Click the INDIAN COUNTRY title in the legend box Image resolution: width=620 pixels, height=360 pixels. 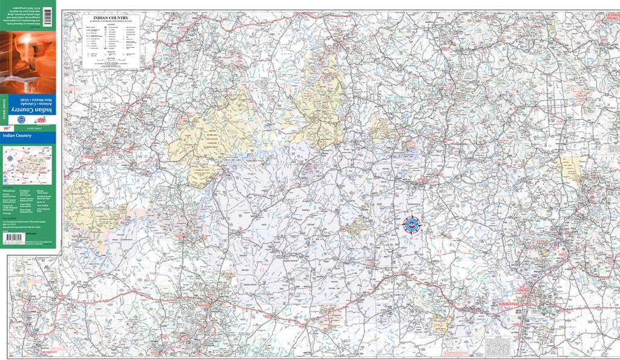pos(110,18)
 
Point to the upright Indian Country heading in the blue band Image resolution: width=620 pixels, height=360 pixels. pos(18,136)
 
